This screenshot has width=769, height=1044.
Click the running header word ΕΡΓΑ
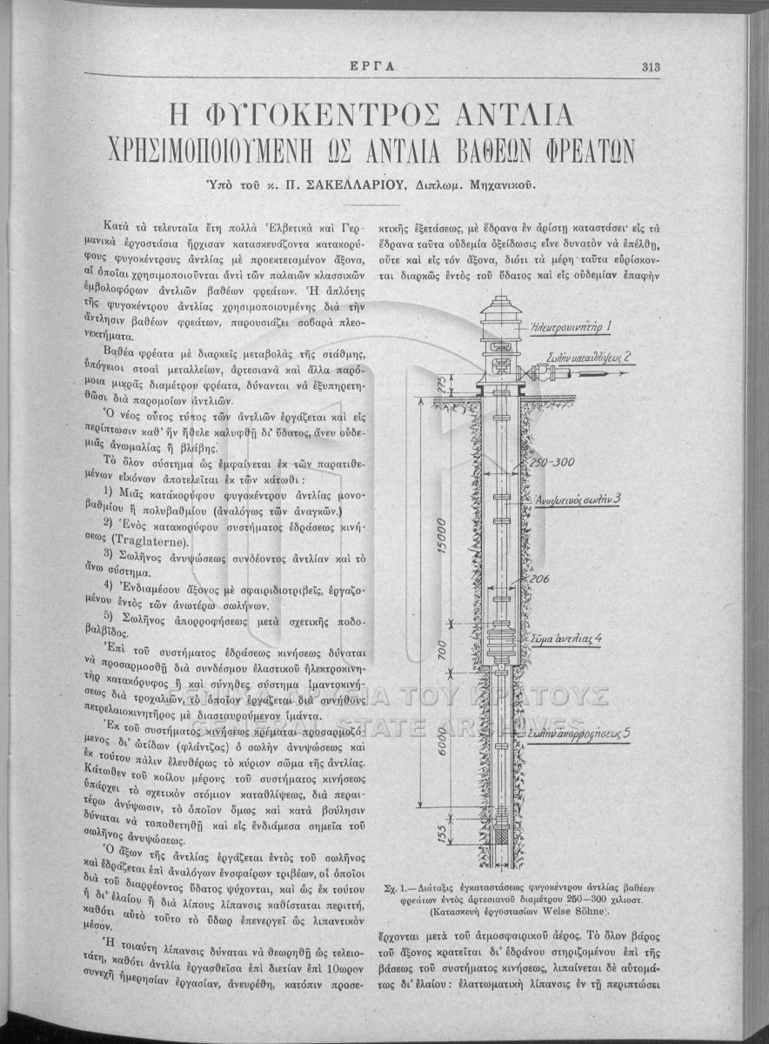384,66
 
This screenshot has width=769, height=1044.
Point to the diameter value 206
538,577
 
